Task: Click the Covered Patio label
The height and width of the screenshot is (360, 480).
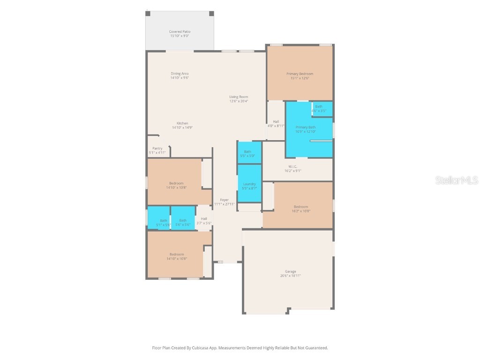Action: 180,32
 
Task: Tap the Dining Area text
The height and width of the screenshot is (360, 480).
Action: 180,74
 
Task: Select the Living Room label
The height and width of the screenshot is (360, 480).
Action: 239,97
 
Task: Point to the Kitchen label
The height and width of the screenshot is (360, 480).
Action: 182,123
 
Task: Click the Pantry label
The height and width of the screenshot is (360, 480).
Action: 157,149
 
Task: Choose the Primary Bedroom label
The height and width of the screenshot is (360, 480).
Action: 300,74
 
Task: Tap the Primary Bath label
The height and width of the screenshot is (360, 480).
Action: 305,127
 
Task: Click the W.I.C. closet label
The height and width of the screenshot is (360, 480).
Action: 292,166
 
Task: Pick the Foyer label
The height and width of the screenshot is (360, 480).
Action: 225,200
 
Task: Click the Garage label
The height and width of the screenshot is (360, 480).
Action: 291,271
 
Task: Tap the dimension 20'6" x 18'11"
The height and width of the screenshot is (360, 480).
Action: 291,276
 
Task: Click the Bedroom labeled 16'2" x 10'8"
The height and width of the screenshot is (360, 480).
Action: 301,209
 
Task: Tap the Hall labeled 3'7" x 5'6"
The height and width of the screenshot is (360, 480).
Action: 204,221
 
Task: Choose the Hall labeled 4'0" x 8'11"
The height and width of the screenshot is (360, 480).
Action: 276,123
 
